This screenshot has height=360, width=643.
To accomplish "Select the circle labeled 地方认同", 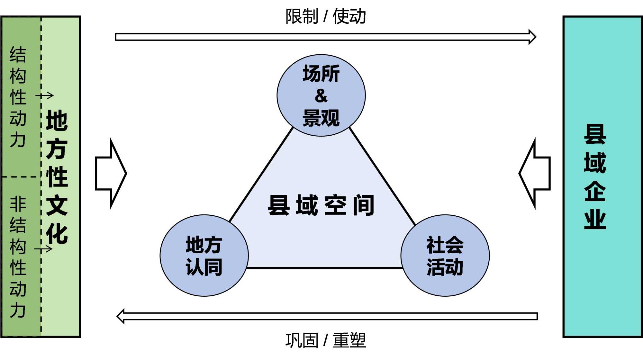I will pos(204,256).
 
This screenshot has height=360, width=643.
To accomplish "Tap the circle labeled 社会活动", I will pos(445,256).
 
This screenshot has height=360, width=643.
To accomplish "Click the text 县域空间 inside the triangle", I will pos(321,205).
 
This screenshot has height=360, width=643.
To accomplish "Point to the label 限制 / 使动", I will pos(325,16).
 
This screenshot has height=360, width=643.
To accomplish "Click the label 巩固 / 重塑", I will pos(325,340).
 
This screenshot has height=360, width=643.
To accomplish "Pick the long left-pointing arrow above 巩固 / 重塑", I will pos(327,316).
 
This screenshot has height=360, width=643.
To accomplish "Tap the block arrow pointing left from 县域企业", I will pos(535,174).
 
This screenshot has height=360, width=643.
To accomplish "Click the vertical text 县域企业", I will pos(595,177).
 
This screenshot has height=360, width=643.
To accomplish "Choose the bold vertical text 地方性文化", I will pos(57,177).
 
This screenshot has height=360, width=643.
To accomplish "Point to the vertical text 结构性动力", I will pos(18,96).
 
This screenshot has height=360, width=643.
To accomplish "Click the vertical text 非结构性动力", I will pos(18,257).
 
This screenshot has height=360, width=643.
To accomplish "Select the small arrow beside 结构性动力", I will pos(44,95).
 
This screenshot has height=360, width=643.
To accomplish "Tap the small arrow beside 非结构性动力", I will pos(43,249).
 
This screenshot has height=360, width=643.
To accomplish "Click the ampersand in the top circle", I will pos(321,96).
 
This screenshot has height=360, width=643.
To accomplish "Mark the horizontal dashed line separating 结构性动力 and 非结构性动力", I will pos(21,177).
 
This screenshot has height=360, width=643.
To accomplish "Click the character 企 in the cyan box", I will pos(595,191).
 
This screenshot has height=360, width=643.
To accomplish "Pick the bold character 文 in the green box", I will pos(57,205).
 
